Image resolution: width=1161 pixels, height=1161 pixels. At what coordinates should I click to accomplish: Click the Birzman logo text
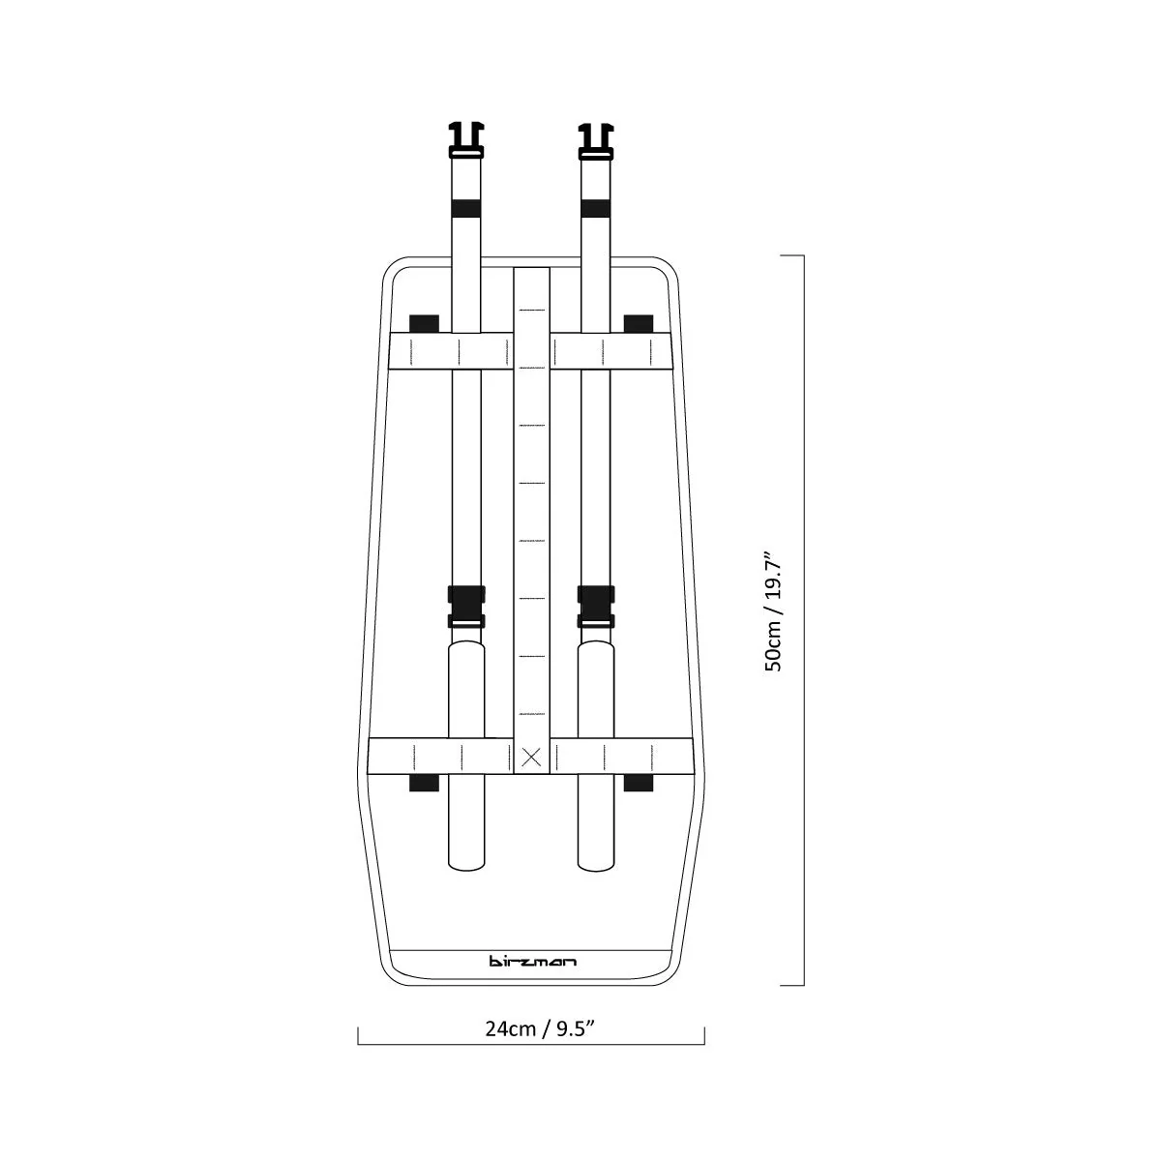coord(531,961)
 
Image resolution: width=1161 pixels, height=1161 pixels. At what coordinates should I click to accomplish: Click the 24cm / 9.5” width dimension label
coord(540,1028)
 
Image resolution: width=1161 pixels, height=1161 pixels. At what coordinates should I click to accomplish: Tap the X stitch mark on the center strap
coord(531,758)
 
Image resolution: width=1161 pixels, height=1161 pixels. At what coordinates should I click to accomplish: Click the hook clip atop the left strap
coord(466,139)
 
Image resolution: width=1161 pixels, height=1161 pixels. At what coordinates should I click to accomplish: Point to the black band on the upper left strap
coord(466,208)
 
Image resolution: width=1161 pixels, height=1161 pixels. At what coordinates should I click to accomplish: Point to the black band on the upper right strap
coord(595,208)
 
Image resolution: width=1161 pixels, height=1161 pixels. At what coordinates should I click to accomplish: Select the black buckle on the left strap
coord(466,607)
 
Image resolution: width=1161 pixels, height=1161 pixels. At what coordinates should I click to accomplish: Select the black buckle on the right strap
coord(595,607)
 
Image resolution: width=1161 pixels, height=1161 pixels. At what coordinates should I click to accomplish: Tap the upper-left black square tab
coord(424,323)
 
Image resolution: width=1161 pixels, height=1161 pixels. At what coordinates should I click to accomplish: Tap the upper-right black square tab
coord(639,323)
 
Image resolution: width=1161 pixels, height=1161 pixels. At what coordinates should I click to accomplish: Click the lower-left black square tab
coord(424,783)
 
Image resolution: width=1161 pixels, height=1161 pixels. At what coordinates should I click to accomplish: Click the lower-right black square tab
coord(639,783)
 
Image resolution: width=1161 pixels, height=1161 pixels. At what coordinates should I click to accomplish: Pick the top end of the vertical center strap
coord(531,268)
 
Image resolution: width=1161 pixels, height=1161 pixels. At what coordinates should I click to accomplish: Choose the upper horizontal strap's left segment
coord(451,350)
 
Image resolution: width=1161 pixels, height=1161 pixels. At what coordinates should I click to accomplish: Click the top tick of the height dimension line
coord(791,255)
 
